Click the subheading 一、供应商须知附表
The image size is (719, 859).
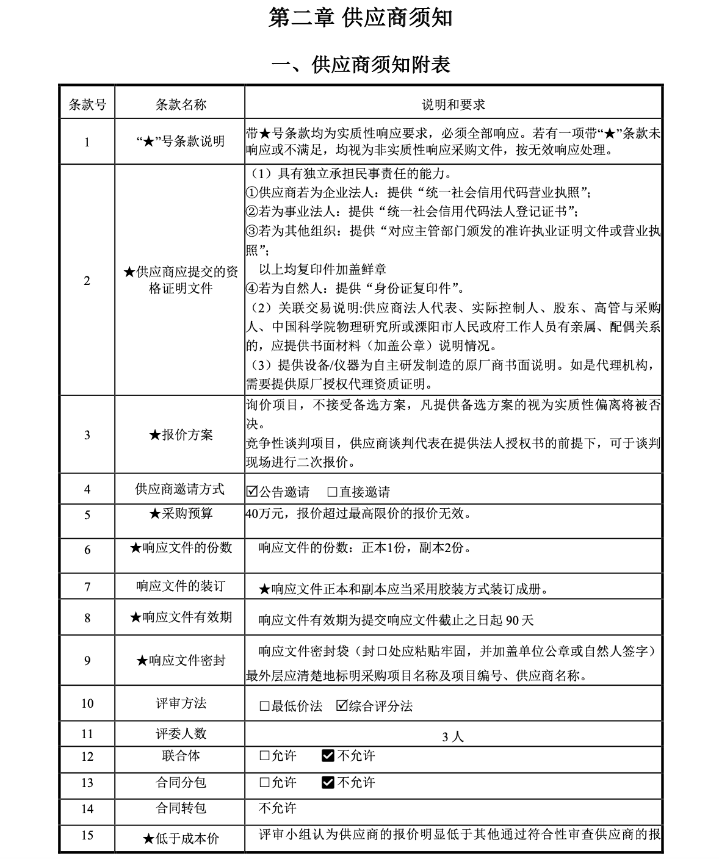click(x=360, y=63)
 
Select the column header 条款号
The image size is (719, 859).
click(x=87, y=104)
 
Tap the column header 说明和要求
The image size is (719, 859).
click(x=453, y=104)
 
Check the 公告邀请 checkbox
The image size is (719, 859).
click(x=252, y=492)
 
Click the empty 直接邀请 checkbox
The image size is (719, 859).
click(x=333, y=492)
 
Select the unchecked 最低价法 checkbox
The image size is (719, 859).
click(x=264, y=706)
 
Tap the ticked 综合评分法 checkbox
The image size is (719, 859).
click(x=342, y=706)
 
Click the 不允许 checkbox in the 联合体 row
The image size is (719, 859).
click(x=328, y=756)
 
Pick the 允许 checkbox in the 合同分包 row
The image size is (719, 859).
click(x=264, y=782)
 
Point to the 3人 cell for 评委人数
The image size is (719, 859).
click(x=453, y=736)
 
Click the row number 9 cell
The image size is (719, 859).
click(x=87, y=661)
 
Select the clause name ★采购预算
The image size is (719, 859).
click(x=181, y=514)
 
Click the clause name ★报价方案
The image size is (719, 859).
click(x=181, y=435)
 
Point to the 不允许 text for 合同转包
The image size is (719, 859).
click(x=277, y=808)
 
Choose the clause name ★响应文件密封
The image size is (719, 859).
click(x=181, y=661)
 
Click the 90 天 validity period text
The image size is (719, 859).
click(x=520, y=620)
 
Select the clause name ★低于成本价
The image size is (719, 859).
click(x=181, y=839)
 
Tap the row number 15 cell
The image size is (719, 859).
click(x=87, y=835)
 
